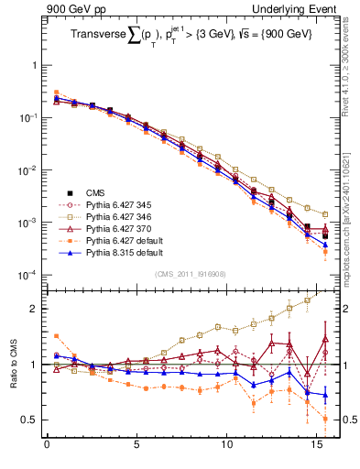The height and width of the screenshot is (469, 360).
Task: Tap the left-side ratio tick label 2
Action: tap(33, 309)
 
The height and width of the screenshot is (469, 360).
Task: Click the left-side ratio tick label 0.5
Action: tap(29, 420)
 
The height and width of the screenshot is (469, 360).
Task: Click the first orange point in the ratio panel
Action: tap(56, 336)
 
